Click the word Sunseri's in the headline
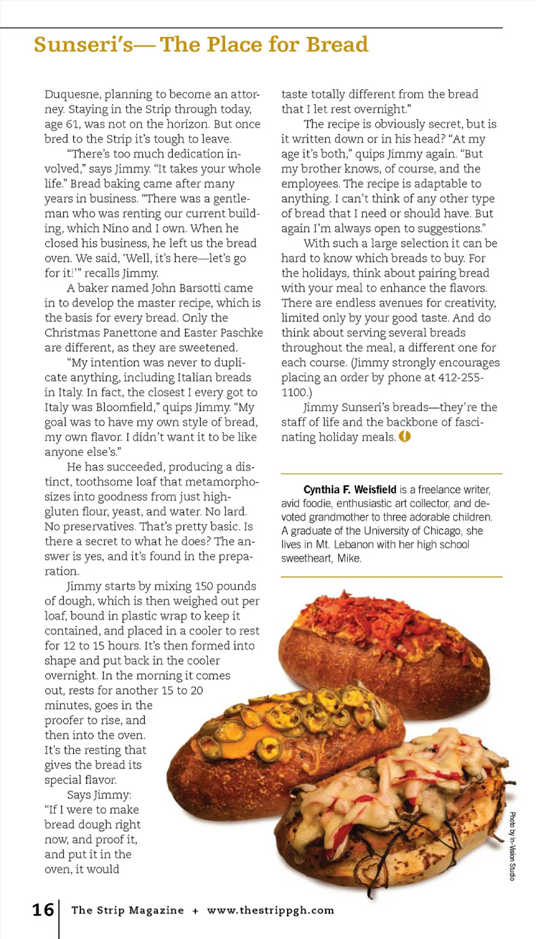(x=83, y=45)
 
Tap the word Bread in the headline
(x=337, y=45)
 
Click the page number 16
(x=43, y=909)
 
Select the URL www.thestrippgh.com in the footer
(x=270, y=910)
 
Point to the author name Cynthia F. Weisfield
(x=350, y=490)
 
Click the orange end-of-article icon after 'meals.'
(x=405, y=437)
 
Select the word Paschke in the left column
(x=241, y=333)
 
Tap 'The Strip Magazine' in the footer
(x=127, y=910)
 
